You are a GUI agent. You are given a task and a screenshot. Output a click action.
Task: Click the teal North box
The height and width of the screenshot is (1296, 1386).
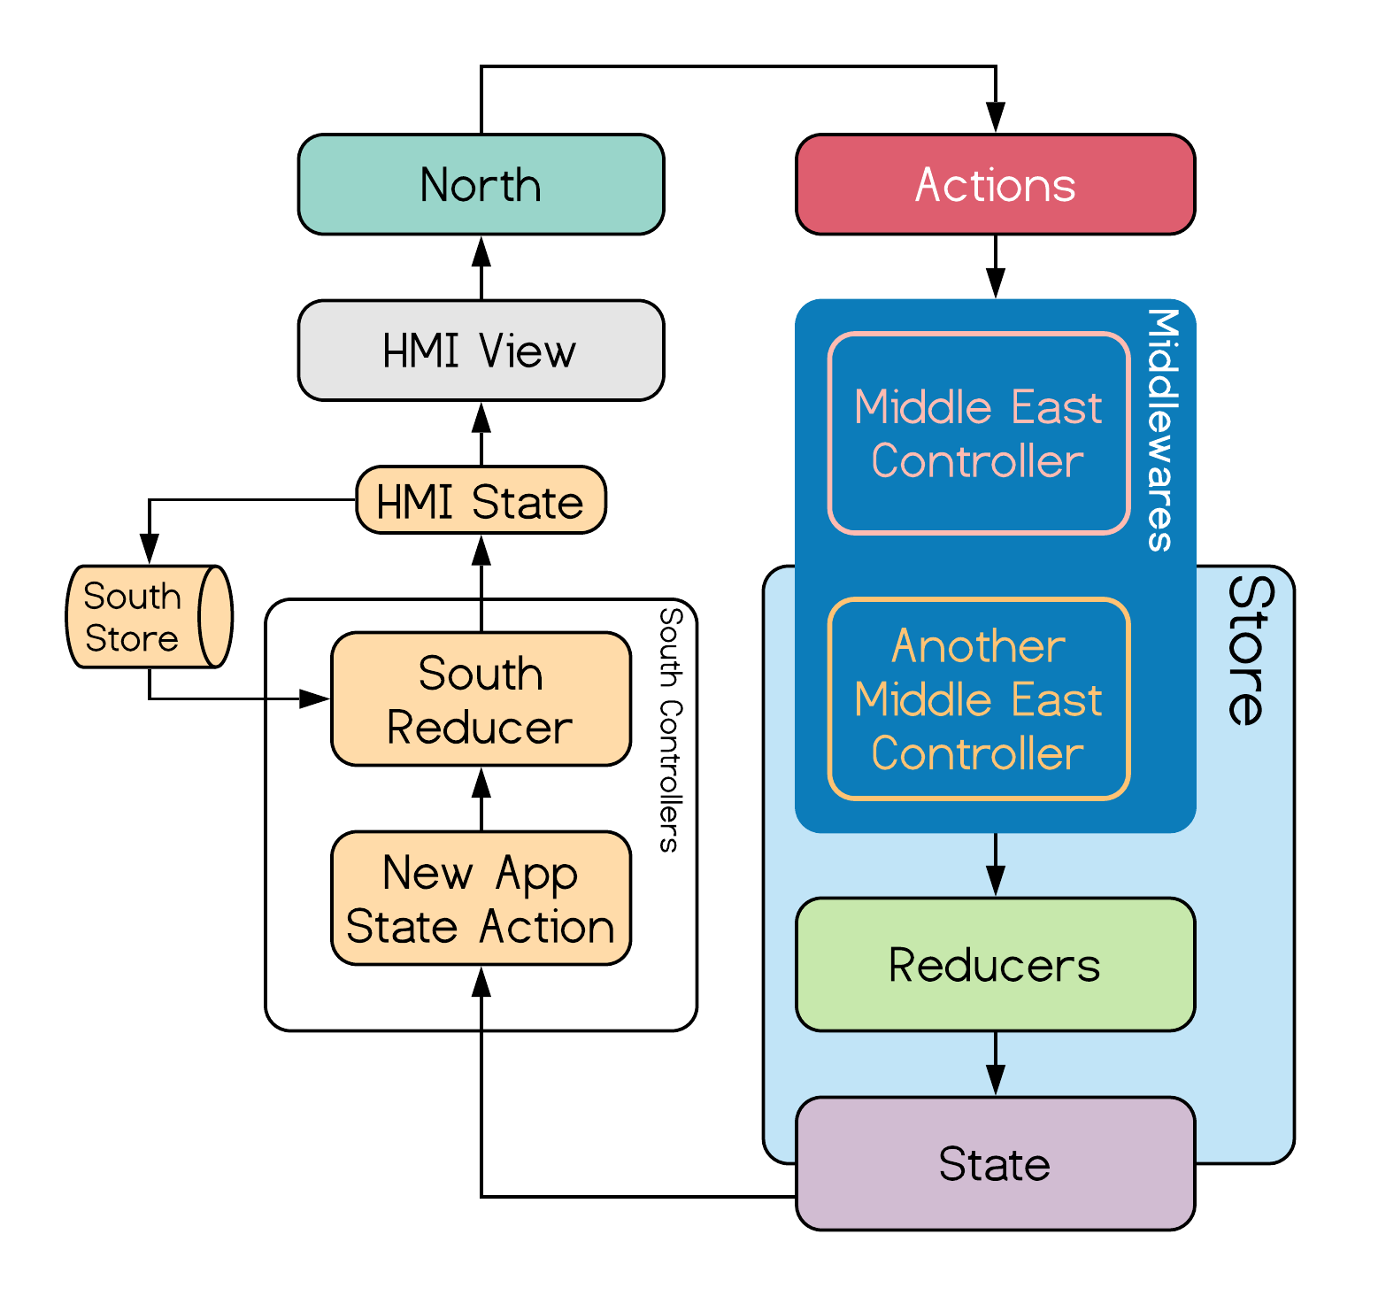click(481, 184)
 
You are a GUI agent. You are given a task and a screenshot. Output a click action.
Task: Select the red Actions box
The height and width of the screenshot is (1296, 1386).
click(996, 184)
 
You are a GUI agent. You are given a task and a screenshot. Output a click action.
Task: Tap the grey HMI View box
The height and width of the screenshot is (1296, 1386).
click(481, 351)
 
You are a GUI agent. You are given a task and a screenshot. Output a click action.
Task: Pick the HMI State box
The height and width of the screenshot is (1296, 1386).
click(481, 500)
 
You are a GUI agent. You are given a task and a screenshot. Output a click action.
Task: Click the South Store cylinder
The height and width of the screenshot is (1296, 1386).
click(150, 616)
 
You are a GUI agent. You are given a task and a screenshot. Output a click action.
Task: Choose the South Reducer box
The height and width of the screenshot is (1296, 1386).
click(481, 699)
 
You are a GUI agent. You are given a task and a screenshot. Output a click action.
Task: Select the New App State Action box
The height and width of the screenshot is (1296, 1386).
click(481, 899)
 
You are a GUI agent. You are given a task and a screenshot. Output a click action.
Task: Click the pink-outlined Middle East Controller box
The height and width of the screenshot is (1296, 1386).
click(979, 434)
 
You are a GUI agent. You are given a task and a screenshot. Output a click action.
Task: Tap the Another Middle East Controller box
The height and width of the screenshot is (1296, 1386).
click(979, 699)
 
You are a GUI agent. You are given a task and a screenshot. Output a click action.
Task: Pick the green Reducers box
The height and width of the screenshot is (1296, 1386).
click(996, 965)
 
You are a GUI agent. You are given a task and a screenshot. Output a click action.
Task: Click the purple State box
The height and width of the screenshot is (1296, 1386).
click(996, 1164)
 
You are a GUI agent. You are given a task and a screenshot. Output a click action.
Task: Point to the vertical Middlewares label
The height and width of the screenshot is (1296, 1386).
click(1163, 430)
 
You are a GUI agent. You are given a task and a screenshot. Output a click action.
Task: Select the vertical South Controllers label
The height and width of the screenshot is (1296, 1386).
click(671, 730)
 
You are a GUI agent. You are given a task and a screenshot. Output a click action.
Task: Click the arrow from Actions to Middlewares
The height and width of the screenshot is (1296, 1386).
click(996, 266)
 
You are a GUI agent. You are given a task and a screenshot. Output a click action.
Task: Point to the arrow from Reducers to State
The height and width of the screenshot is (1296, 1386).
click(996, 1064)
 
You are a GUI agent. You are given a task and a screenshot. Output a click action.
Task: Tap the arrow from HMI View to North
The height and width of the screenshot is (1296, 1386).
click(481, 267)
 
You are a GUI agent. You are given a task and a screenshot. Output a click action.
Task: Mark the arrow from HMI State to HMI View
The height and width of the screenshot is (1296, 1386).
click(481, 434)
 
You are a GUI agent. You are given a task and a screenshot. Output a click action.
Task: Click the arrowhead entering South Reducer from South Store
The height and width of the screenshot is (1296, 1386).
click(315, 699)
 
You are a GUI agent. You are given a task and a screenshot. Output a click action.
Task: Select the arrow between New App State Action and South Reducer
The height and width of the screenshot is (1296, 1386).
click(481, 798)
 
